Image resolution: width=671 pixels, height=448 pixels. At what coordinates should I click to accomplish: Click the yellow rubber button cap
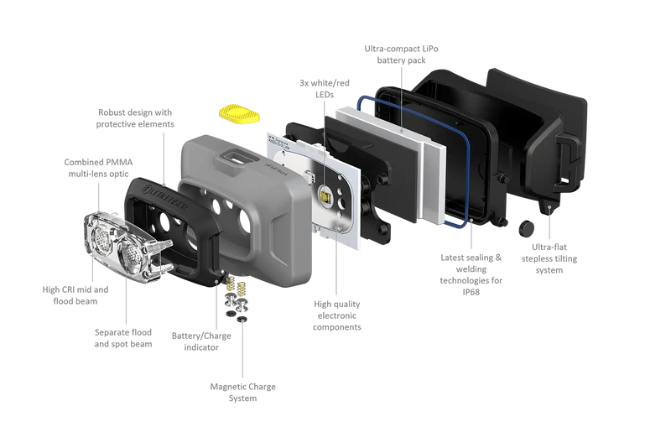click(x=239, y=114)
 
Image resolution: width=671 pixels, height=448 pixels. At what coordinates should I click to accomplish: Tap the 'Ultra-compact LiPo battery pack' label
click(x=401, y=55)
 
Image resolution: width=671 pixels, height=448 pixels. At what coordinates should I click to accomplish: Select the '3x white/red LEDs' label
click(x=325, y=89)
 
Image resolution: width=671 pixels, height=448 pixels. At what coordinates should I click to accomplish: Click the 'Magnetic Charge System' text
click(x=242, y=392)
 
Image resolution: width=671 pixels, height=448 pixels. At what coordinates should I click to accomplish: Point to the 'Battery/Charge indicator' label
click(x=201, y=341)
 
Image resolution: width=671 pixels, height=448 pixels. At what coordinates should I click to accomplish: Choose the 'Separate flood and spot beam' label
click(x=123, y=338)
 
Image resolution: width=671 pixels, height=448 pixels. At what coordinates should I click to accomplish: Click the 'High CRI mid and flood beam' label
click(x=75, y=295)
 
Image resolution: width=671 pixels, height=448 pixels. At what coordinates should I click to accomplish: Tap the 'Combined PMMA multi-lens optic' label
click(x=98, y=168)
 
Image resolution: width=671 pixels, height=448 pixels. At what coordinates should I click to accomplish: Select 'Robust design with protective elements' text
click(x=135, y=118)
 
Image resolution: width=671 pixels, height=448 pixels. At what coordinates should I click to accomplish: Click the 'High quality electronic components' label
click(x=337, y=315)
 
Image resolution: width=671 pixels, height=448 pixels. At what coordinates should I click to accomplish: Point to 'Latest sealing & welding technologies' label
click(x=471, y=268)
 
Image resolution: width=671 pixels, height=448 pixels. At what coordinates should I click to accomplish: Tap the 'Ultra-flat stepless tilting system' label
click(x=549, y=258)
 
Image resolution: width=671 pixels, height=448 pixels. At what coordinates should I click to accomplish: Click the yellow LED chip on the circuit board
click(x=325, y=197)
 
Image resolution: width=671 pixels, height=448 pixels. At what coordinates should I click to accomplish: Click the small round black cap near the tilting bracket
click(x=527, y=228)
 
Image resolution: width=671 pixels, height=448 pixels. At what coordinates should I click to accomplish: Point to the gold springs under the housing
click(x=237, y=285)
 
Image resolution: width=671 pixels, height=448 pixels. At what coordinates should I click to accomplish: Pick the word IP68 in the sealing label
click(x=471, y=292)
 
